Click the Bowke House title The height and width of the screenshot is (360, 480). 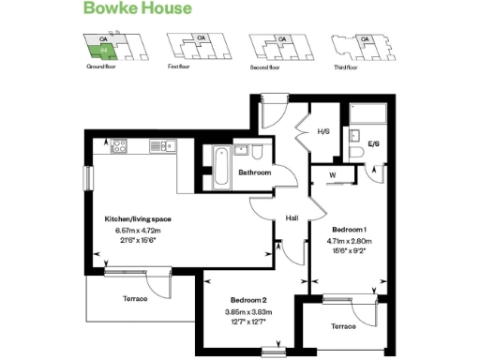tap(139, 9)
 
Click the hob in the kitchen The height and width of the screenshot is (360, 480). tap(119, 145)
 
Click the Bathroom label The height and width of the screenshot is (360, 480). tap(254, 173)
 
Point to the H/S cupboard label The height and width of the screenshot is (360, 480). tap(323, 131)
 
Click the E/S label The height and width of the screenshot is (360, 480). tap(373, 144)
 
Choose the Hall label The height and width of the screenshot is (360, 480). tap(292, 218)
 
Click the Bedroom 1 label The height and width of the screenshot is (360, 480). tap(349, 230)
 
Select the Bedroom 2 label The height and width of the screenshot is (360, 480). tap(245, 301)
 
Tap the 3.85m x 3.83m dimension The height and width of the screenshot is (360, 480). tap(245, 311)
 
